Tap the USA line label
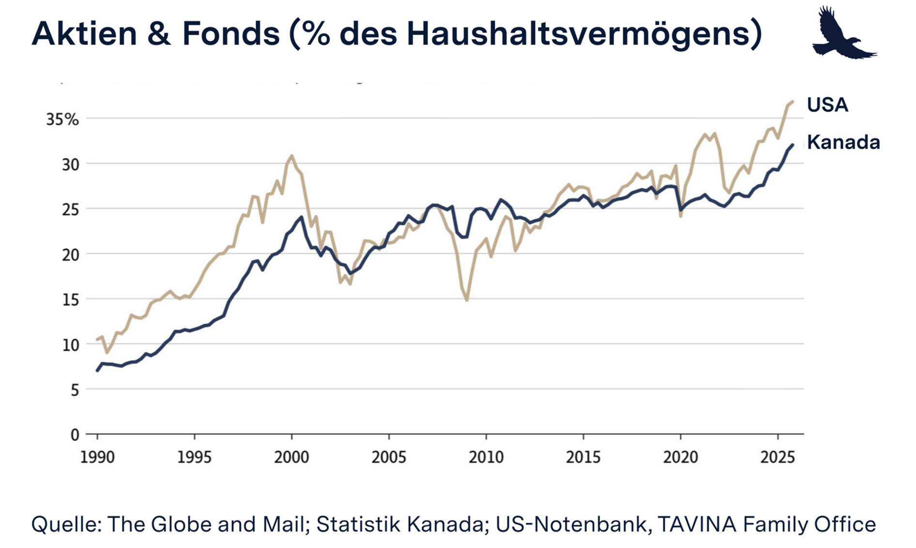(x=827, y=105)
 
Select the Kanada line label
(x=843, y=142)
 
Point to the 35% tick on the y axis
(x=62, y=119)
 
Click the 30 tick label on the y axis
(x=70, y=165)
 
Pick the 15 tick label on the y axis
(x=70, y=300)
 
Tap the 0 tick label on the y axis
(x=75, y=435)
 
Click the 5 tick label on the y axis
(x=75, y=390)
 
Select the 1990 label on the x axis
(x=97, y=457)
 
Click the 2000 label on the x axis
(x=291, y=457)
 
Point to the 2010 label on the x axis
(x=486, y=457)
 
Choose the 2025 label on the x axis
(x=778, y=457)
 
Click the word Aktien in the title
(x=85, y=34)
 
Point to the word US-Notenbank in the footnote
(x=571, y=524)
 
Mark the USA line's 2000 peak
(x=291, y=156)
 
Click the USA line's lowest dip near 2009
(x=467, y=300)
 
